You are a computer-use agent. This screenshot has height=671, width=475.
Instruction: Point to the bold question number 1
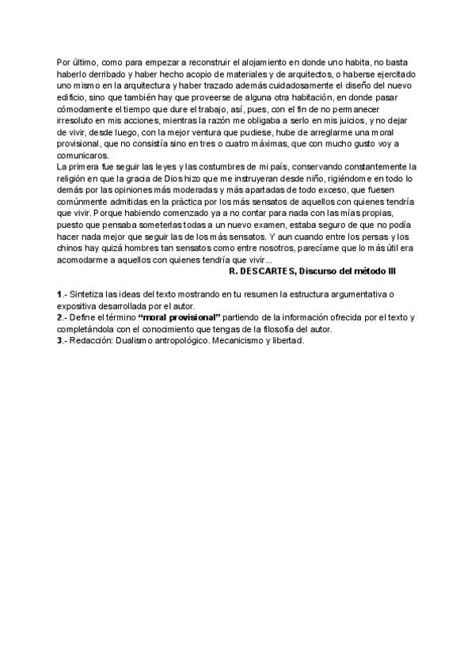(59, 294)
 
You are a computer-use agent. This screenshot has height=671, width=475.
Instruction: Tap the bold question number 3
(59, 340)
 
